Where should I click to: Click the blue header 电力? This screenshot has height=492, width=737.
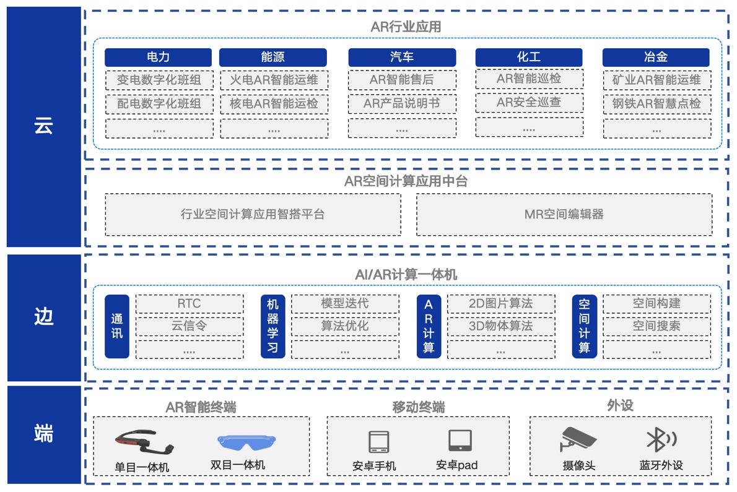pyautogui.click(x=158, y=58)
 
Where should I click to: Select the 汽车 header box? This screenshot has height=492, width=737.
pyautogui.click(x=401, y=58)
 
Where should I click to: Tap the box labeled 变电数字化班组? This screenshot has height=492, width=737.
pyautogui.click(x=159, y=80)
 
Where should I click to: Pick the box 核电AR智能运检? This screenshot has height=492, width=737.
pyautogui.click(x=274, y=104)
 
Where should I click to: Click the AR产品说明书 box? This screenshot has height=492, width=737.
pyautogui.click(x=401, y=104)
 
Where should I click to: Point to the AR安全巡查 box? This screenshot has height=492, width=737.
pyautogui.click(x=529, y=102)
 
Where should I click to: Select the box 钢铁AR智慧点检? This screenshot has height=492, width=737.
pyautogui.click(x=656, y=104)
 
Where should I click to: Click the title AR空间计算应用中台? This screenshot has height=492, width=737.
pyautogui.click(x=406, y=181)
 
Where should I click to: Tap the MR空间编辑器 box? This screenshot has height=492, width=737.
pyautogui.click(x=564, y=215)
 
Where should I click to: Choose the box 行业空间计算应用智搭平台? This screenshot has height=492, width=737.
pyautogui.click(x=253, y=215)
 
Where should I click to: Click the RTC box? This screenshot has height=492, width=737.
pyautogui.click(x=189, y=304)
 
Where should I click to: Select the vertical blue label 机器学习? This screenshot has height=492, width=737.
pyautogui.click(x=273, y=326)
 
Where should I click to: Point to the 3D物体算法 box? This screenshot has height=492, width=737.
pyautogui.click(x=500, y=326)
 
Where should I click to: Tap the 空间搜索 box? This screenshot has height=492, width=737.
pyautogui.click(x=656, y=326)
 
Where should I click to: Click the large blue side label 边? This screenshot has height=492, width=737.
pyautogui.click(x=43, y=317)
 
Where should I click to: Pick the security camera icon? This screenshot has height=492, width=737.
pyautogui.click(x=578, y=439)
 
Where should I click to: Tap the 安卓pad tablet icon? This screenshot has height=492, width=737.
pyautogui.click(x=460, y=441)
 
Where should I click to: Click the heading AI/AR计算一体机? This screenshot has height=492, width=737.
pyautogui.click(x=406, y=274)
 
